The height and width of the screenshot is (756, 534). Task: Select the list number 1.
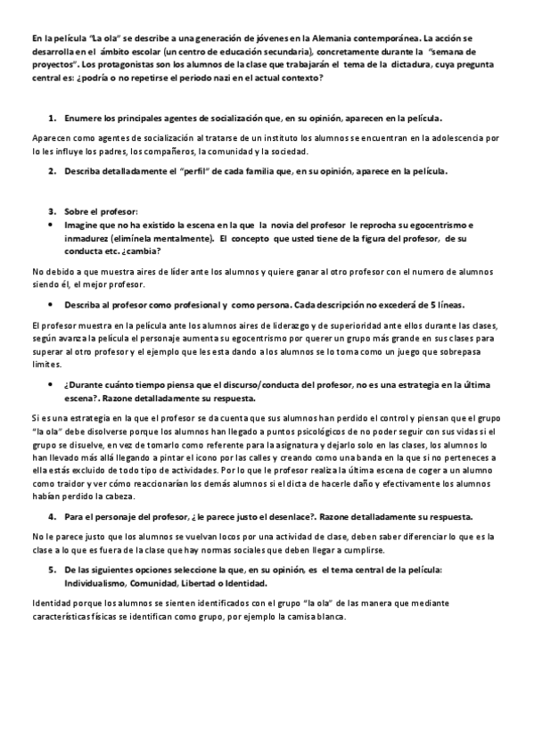click(53, 118)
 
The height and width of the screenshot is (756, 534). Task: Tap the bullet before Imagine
click(53, 226)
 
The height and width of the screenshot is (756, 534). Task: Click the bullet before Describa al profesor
click(53, 304)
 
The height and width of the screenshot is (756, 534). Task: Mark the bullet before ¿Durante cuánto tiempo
click(53, 382)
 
